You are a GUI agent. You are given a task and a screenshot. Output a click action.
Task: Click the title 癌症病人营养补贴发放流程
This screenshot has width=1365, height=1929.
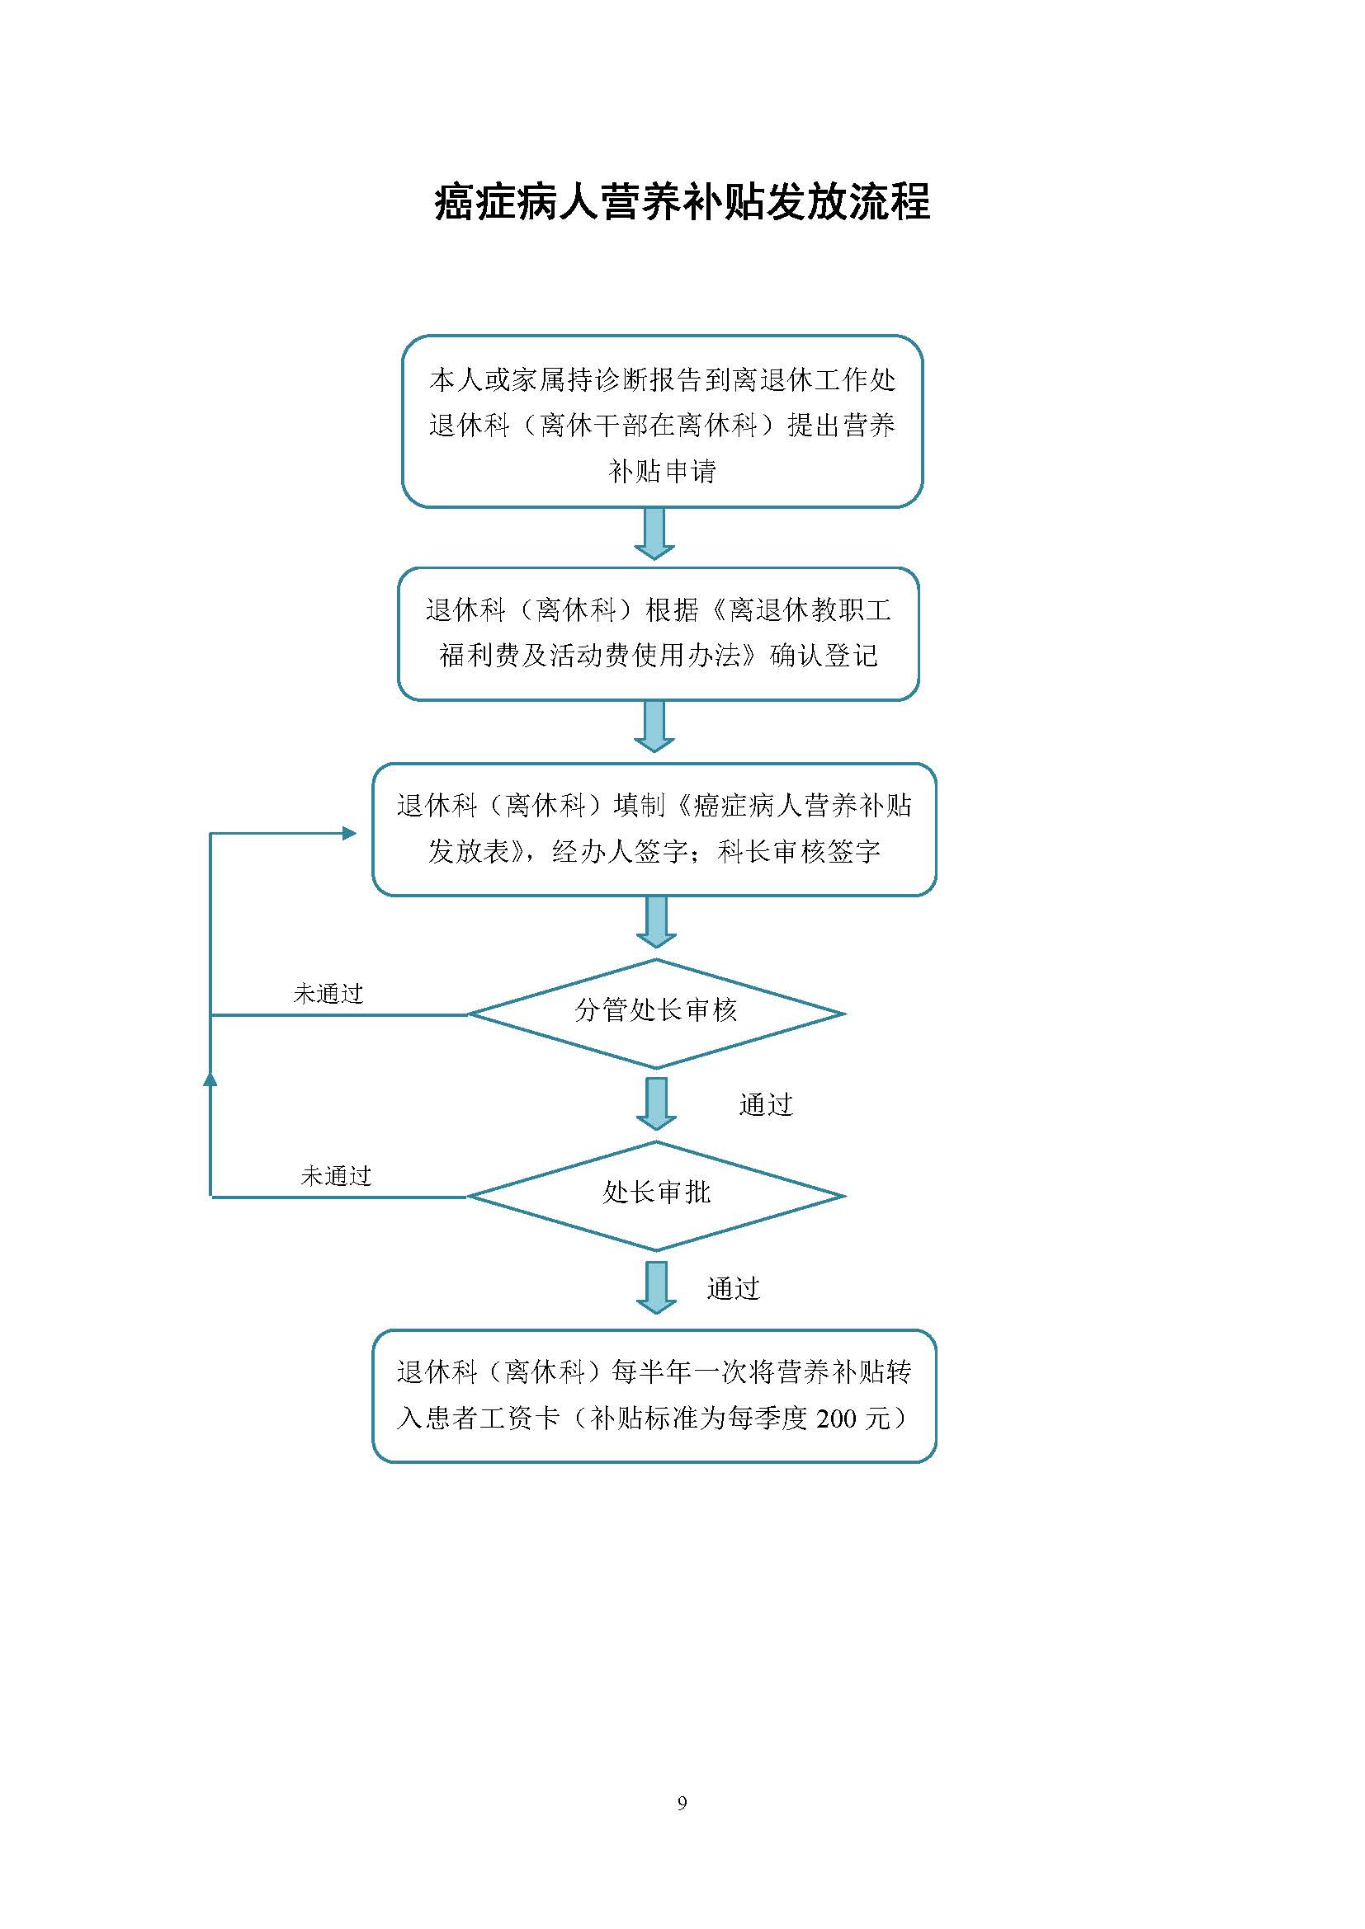click(682, 203)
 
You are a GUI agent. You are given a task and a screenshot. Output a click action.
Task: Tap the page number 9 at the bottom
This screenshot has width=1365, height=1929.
click(682, 1802)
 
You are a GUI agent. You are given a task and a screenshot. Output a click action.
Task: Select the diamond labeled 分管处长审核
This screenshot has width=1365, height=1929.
click(655, 1014)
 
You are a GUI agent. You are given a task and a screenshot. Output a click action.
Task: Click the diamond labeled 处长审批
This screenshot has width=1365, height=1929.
click(655, 1196)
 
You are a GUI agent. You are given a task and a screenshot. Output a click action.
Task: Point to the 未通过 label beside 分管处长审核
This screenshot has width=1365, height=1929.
click(328, 994)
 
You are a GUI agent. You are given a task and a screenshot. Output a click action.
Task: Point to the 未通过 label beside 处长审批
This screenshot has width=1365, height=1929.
click(336, 1176)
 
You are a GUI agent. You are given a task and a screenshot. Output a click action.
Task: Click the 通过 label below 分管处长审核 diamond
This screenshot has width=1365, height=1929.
click(766, 1105)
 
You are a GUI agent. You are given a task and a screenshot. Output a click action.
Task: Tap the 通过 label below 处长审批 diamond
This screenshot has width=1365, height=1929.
click(733, 1288)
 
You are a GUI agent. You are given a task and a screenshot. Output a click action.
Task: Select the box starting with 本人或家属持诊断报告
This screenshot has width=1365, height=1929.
click(663, 421)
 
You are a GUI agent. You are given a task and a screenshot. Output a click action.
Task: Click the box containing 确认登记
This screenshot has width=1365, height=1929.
click(658, 633)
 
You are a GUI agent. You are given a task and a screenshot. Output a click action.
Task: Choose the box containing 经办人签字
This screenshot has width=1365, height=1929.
click(654, 829)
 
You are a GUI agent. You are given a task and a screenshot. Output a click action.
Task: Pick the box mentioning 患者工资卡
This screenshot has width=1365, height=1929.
click(654, 1395)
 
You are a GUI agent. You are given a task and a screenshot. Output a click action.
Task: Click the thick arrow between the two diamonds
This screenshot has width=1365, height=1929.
click(655, 1104)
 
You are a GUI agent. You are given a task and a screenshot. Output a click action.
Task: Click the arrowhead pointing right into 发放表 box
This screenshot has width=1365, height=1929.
click(349, 834)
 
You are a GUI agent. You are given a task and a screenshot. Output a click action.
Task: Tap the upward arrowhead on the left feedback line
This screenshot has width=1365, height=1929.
click(210, 1077)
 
